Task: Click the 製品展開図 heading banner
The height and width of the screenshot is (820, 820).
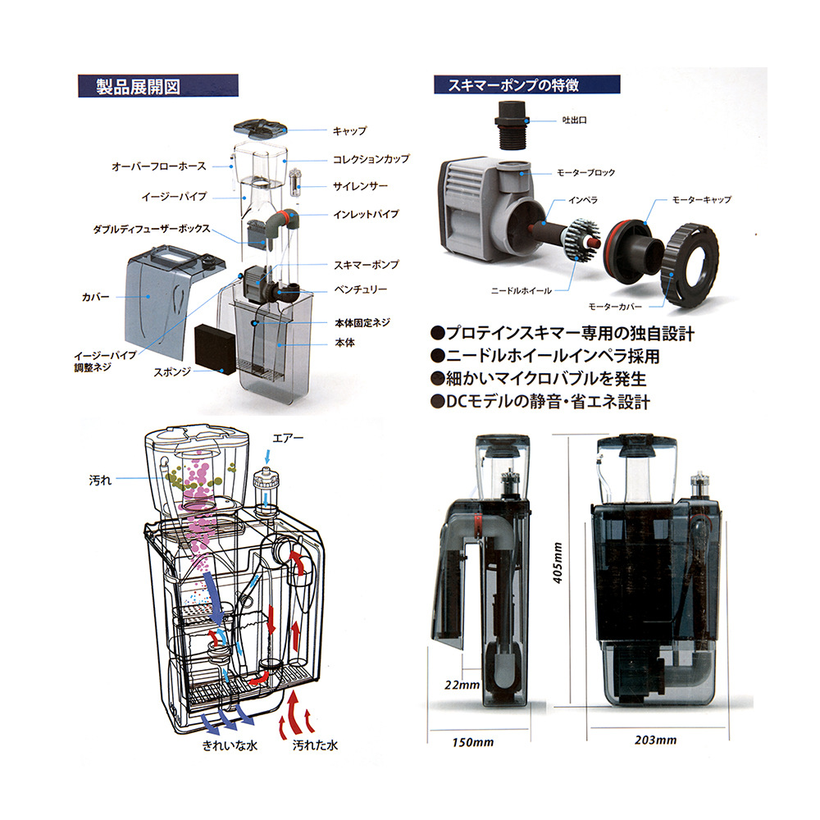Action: (158, 86)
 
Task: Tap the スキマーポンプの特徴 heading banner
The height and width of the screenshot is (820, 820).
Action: (526, 84)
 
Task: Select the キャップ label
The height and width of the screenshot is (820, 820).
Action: (350, 130)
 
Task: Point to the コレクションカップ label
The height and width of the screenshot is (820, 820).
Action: (371, 158)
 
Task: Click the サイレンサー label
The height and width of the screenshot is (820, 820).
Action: (360, 186)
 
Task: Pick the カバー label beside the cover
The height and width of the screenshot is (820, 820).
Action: (96, 297)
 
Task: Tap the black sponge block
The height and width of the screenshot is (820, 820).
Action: (215, 348)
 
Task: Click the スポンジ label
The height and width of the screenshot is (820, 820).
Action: (172, 372)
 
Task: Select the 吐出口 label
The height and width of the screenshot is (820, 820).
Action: (574, 121)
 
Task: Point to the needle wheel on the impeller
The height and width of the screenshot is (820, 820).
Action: (581, 240)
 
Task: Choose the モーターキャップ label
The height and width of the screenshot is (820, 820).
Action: (702, 199)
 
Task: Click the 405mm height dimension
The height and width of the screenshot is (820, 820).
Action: (558, 563)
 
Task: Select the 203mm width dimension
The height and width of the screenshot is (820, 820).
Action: (656, 740)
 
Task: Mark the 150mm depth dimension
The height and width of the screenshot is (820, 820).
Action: (473, 742)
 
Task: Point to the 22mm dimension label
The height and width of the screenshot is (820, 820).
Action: (462, 685)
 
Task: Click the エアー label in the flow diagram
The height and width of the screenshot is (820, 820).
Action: (288, 438)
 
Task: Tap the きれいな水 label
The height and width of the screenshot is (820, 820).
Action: (230, 745)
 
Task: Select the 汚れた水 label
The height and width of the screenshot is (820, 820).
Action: (315, 745)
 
